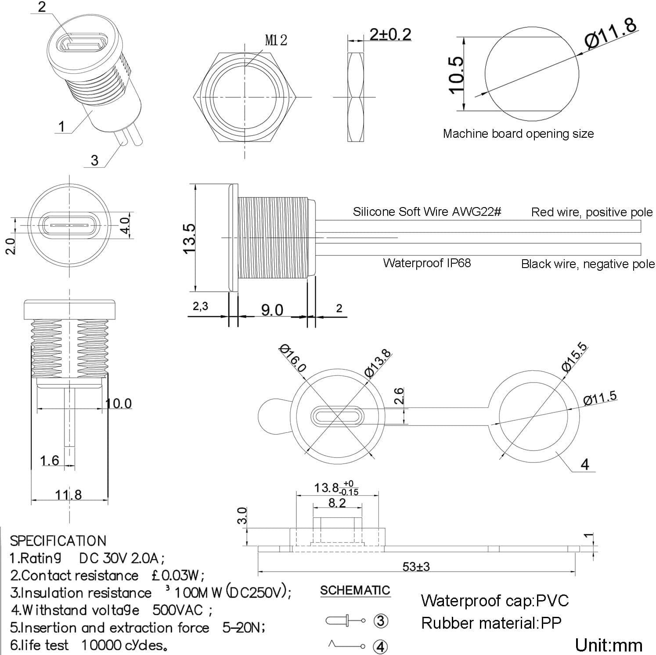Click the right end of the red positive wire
(x=641, y=226)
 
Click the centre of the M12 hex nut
(x=244, y=97)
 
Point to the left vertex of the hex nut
(x=194, y=97)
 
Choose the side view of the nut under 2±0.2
(x=356, y=97)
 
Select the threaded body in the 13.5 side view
(x=272, y=238)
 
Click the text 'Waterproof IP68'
(x=427, y=263)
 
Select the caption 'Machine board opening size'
(x=518, y=133)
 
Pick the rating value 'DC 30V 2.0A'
(x=122, y=558)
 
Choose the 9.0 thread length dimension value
(x=272, y=310)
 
